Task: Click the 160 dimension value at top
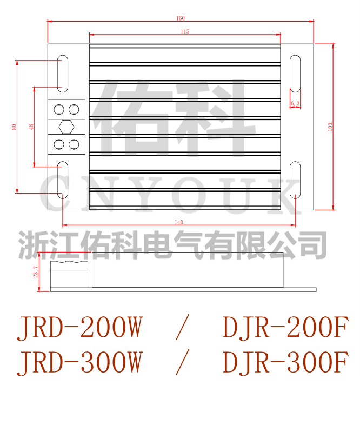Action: (181, 18)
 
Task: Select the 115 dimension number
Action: (185, 32)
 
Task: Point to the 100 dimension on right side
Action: (330, 126)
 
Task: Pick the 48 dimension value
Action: (31, 127)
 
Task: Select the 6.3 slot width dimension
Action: (295, 103)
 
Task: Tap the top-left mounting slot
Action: (63, 72)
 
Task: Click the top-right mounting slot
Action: (295, 73)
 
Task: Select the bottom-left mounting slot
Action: (63, 179)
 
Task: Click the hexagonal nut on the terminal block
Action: (67, 127)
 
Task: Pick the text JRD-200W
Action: (79, 328)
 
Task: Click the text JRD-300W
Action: (79, 362)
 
